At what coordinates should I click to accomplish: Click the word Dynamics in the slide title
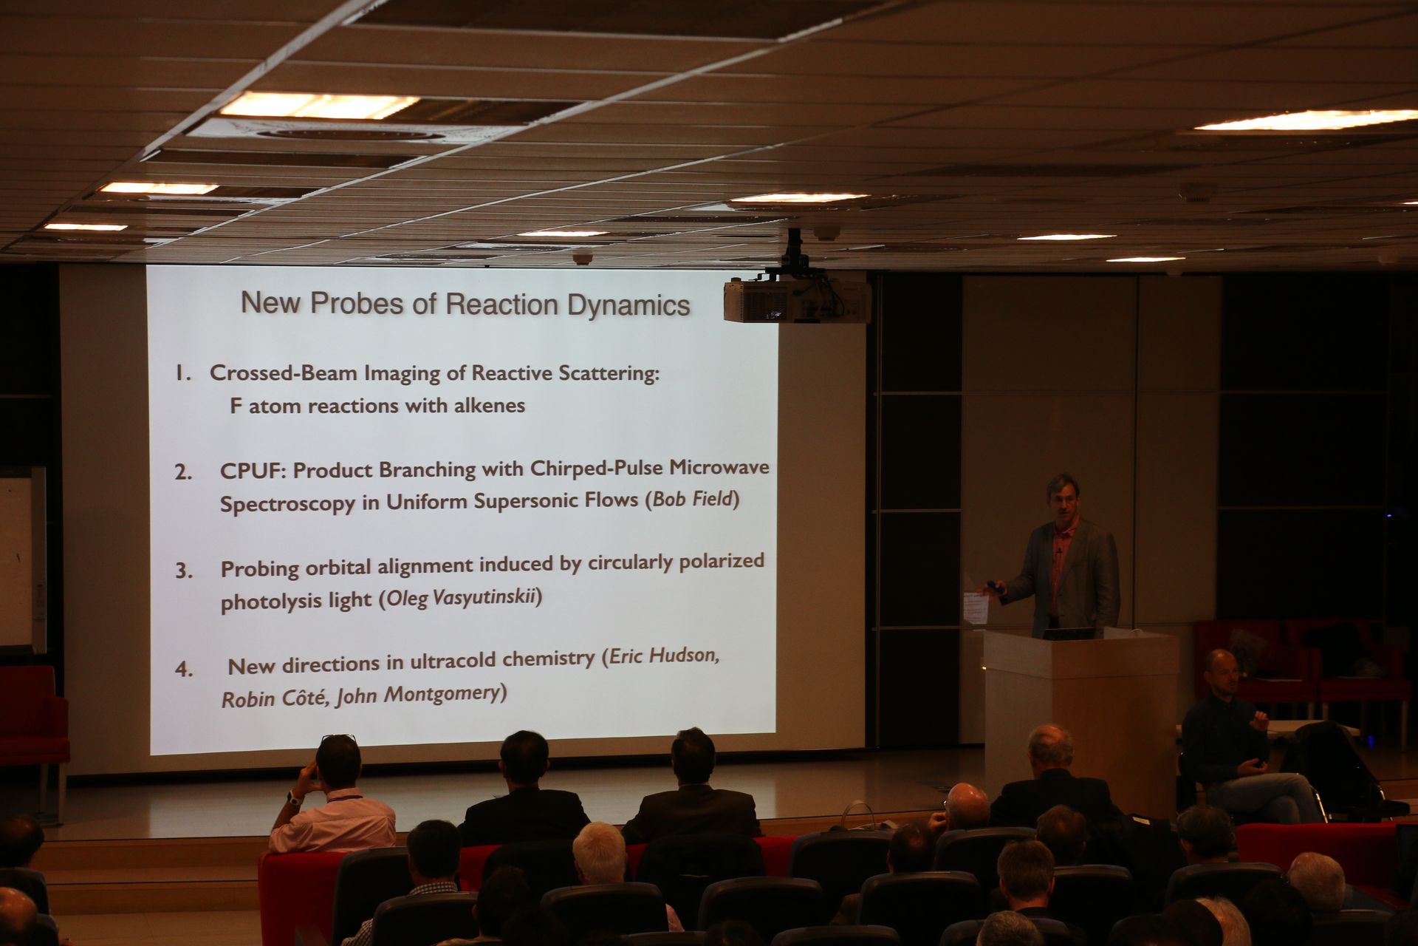pyautogui.click(x=628, y=305)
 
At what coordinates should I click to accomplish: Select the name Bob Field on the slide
pyautogui.click(x=692, y=499)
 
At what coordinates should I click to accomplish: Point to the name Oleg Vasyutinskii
pyautogui.click(x=461, y=597)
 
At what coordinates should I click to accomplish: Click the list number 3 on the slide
pyautogui.click(x=183, y=571)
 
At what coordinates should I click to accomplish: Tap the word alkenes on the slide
pyautogui.click(x=490, y=406)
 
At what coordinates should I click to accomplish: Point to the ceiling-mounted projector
pyautogui.click(x=797, y=299)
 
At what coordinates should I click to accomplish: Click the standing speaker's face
pyautogui.click(x=1062, y=500)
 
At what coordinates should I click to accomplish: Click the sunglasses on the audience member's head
pyautogui.click(x=339, y=738)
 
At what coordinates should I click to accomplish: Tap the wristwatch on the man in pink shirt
pyautogui.click(x=295, y=797)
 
